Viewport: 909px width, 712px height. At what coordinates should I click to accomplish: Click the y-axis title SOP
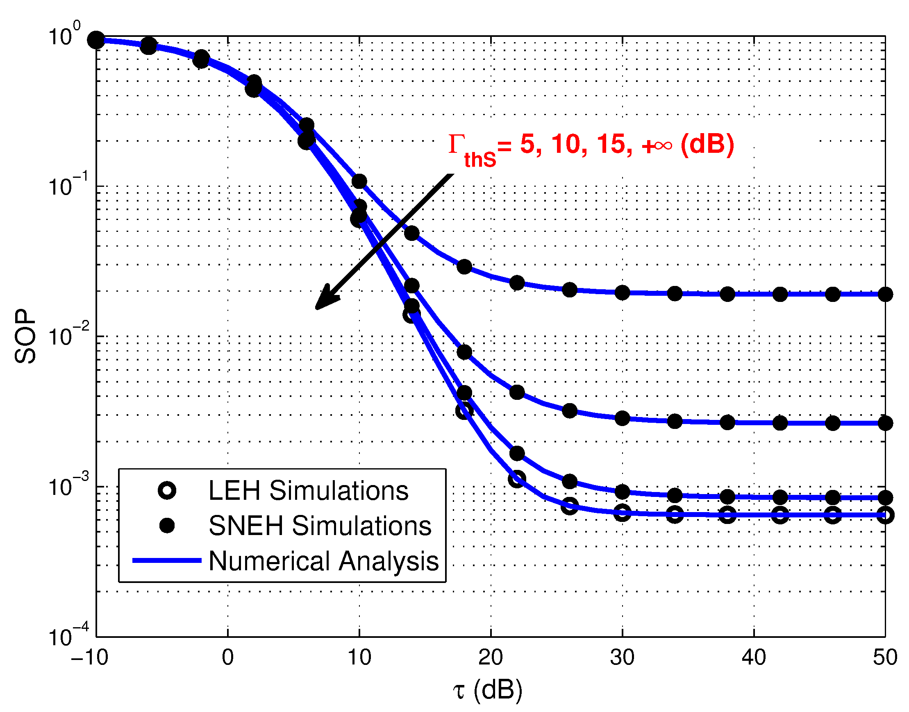point(25,336)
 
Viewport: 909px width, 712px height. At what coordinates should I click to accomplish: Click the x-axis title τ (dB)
point(487,690)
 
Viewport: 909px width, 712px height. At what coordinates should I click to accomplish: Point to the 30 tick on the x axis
point(622,658)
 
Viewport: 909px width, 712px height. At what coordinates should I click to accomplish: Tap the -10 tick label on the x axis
point(90,658)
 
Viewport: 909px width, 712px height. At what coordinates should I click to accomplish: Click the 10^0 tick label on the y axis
point(65,35)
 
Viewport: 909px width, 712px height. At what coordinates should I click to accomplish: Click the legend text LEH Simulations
point(308,490)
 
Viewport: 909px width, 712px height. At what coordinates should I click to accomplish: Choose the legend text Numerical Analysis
point(324,561)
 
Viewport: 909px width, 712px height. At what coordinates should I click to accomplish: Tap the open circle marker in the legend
point(167,490)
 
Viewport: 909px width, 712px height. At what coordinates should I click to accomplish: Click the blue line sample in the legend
point(167,560)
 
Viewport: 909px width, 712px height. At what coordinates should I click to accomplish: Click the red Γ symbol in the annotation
point(457,144)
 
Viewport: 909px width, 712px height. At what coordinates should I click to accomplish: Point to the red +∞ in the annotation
point(657,145)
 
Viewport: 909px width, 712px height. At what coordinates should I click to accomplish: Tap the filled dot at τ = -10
point(96,40)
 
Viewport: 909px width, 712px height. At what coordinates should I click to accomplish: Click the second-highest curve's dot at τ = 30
point(622,418)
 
